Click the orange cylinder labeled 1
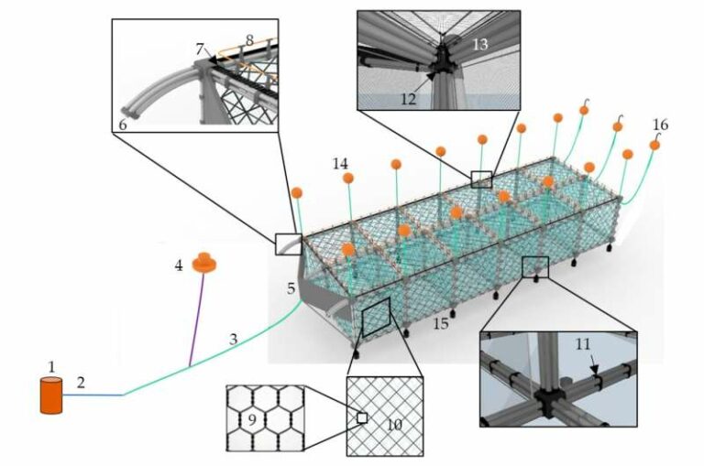51,396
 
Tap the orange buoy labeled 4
204,264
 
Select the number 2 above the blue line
81,383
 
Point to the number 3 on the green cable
233,339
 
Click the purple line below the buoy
197,320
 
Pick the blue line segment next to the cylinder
93,396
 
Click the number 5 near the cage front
291,288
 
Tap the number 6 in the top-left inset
123,125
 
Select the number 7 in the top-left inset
200,49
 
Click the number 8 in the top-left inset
249,41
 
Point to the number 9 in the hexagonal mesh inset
252,420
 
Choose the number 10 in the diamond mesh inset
394,424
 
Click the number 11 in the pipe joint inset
582,344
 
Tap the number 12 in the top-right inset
408,99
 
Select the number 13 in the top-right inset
480,44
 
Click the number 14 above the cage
340,164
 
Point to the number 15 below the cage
441,323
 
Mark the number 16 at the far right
660,125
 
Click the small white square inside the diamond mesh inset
362,418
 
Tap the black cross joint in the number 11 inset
548,400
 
